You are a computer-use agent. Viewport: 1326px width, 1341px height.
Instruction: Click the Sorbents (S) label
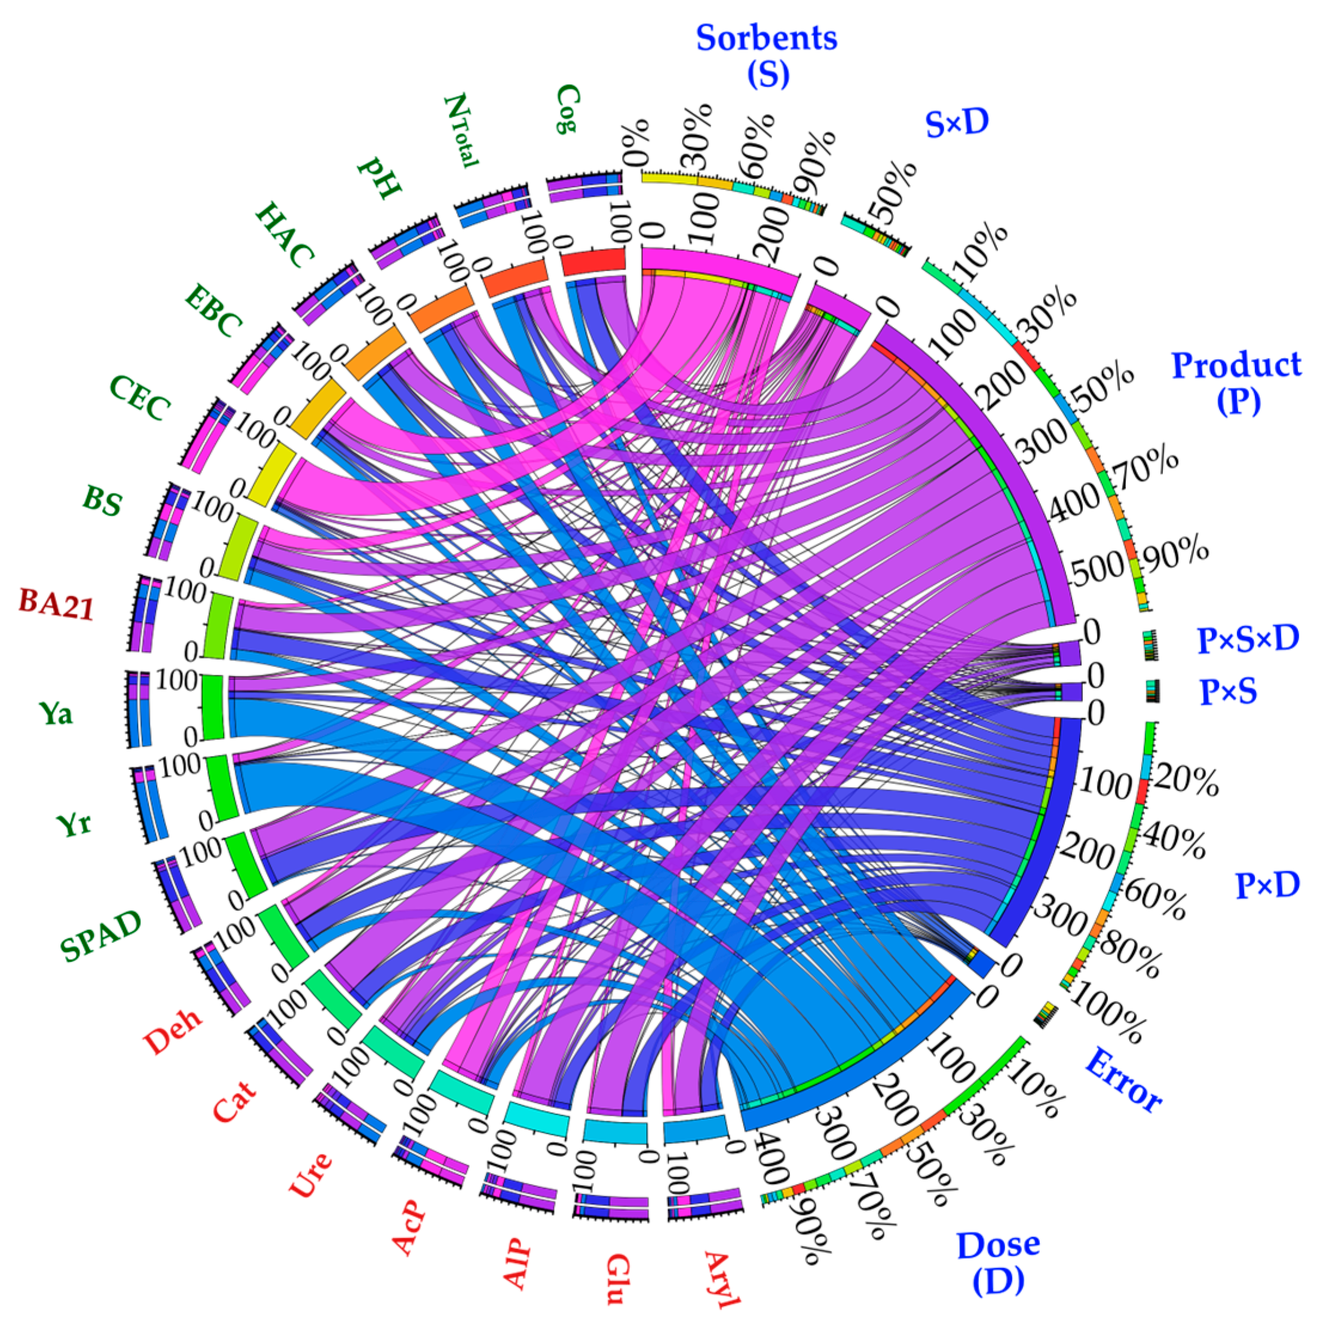[x=767, y=55]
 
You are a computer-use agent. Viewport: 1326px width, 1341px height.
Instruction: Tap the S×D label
[x=956, y=124]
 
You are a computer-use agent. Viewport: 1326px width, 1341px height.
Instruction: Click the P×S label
[x=1228, y=691]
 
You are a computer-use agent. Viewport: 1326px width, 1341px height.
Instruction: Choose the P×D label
[x=1267, y=885]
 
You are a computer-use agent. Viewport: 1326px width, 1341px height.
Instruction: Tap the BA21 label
[x=56, y=604]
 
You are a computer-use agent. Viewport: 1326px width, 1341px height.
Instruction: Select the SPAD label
[x=100, y=936]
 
